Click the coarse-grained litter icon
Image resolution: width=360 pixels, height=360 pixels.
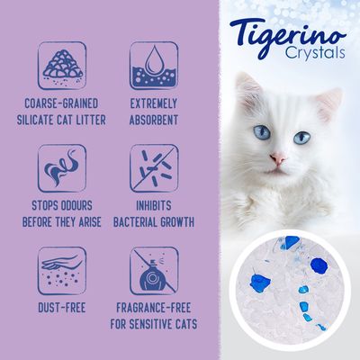pos(61,62)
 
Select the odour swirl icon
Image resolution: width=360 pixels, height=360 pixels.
pos(61,166)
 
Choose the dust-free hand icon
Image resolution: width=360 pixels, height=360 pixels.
pos(61,269)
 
